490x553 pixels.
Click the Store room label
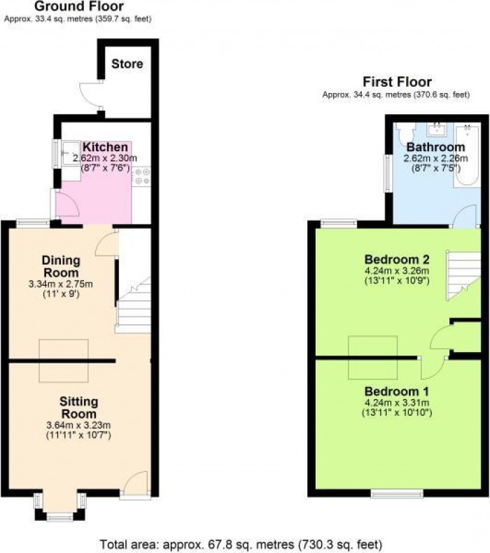coord(127,64)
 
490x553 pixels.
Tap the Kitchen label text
coord(105,147)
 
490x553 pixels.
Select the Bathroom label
coord(435,147)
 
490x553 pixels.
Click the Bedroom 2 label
coord(397,260)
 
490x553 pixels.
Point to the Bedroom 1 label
coord(396,391)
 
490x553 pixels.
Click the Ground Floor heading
coord(79,6)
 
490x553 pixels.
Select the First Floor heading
coord(397,82)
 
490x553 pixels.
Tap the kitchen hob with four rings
coord(141,176)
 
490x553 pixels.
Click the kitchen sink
coord(71,153)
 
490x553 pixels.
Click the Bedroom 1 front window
coord(397,493)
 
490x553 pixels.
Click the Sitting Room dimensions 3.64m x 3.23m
coord(78,425)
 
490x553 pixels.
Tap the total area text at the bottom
coord(241,544)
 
